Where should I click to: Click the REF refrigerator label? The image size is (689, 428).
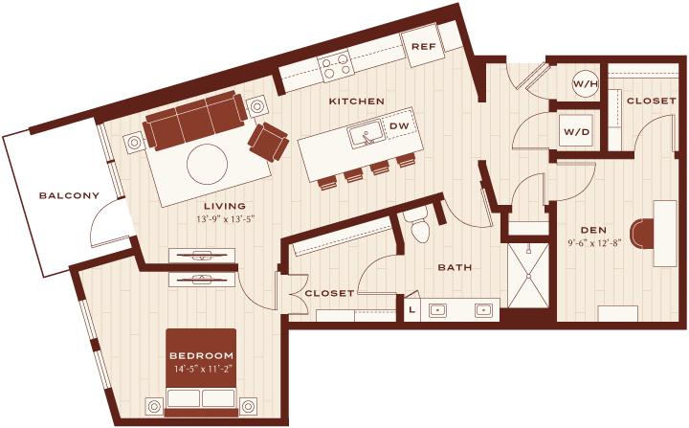pyautogui.click(x=424, y=46)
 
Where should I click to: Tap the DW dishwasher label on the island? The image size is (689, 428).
pyautogui.click(x=399, y=125)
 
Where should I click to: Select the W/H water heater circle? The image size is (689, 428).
pyautogui.click(x=586, y=83)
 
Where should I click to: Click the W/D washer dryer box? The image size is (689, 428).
pyautogui.click(x=576, y=130)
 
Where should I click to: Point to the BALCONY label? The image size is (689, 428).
pyautogui.click(x=70, y=195)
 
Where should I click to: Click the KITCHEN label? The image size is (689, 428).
pyautogui.click(x=357, y=101)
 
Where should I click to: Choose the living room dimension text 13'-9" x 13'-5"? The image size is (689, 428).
pyautogui.click(x=226, y=217)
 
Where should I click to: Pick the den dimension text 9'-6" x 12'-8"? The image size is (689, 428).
pyautogui.click(x=594, y=242)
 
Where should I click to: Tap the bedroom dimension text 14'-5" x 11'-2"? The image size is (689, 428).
pyautogui.click(x=202, y=369)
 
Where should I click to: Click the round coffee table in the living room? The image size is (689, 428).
pyautogui.click(x=207, y=165)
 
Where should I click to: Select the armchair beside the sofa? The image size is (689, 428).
pyautogui.click(x=269, y=142)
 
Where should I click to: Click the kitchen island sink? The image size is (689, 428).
pyautogui.click(x=366, y=134)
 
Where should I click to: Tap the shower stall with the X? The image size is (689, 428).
pyautogui.click(x=528, y=275)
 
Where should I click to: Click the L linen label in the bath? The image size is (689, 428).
pyautogui.click(x=411, y=309)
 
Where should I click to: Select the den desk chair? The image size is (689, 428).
pyautogui.click(x=640, y=234)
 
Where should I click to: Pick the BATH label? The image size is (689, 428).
pyautogui.click(x=455, y=267)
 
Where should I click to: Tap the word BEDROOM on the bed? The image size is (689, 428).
pyautogui.click(x=202, y=355)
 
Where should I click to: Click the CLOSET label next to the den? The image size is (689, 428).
pyautogui.click(x=652, y=101)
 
